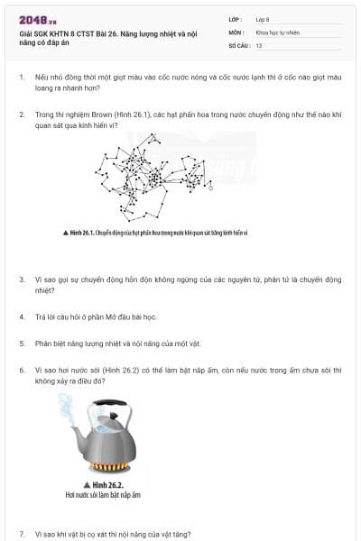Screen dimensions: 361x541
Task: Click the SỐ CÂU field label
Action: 237,44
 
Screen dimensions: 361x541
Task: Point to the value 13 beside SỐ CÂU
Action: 259,44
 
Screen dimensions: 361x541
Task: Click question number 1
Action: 22,78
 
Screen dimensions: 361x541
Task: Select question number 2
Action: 22,115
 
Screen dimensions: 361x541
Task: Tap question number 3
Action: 22,280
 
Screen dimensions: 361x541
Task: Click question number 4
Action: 22,317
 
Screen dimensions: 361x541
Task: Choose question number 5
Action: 22,344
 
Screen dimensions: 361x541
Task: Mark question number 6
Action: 22,370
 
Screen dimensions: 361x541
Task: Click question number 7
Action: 22,534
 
